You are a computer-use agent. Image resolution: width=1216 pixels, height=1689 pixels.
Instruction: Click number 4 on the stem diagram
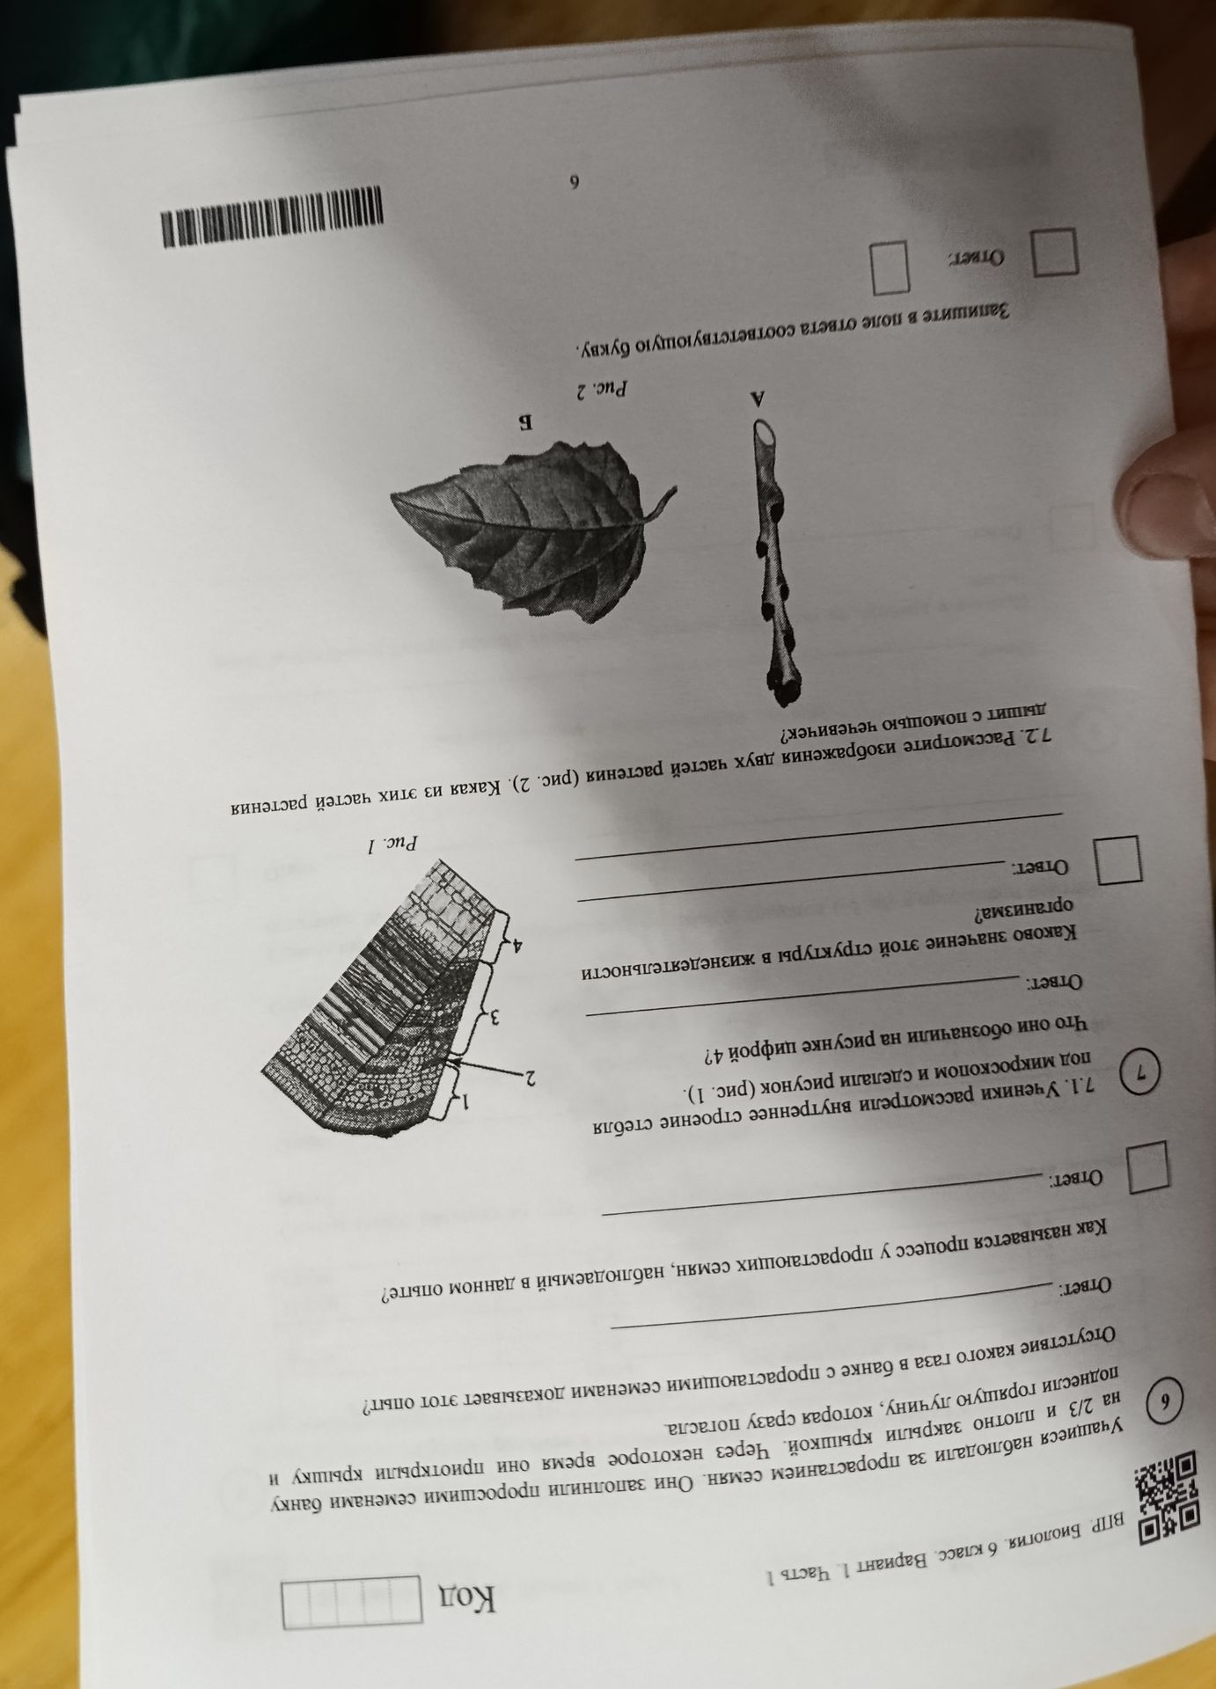tap(520, 946)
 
